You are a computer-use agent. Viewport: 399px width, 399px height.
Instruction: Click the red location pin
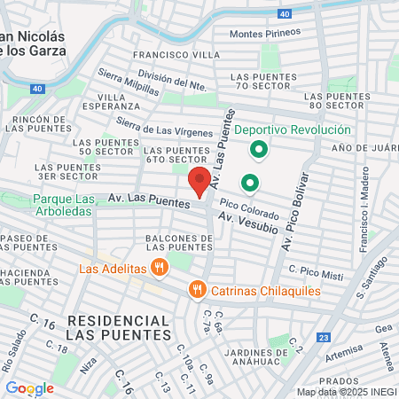click(x=200, y=183)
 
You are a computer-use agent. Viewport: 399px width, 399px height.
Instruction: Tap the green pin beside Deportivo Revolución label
click(x=259, y=149)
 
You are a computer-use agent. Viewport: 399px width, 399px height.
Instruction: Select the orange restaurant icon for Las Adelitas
click(x=160, y=267)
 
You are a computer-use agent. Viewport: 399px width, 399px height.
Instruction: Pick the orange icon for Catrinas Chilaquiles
click(x=197, y=289)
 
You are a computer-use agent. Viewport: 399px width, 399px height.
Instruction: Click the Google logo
click(x=29, y=387)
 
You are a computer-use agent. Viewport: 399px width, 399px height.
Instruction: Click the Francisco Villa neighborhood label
click(x=163, y=54)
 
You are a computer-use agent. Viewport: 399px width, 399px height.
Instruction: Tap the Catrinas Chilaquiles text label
click(x=255, y=289)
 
